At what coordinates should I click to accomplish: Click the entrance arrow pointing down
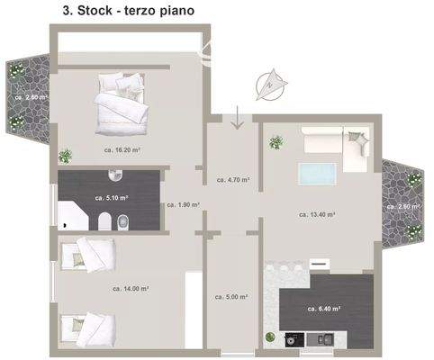tap(236, 117)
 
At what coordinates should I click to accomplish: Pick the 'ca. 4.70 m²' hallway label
tap(233, 180)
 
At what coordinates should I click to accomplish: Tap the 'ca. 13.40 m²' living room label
tap(317, 215)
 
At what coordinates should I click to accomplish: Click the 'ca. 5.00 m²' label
tap(231, 296)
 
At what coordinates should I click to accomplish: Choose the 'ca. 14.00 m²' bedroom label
tap(131, 289)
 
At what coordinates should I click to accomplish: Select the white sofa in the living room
tap(335, 144)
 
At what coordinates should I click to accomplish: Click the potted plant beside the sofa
tap(276, 140)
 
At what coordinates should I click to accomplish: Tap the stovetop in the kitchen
tap(293, 341)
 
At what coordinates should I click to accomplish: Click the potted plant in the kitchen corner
tap(268, 337)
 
